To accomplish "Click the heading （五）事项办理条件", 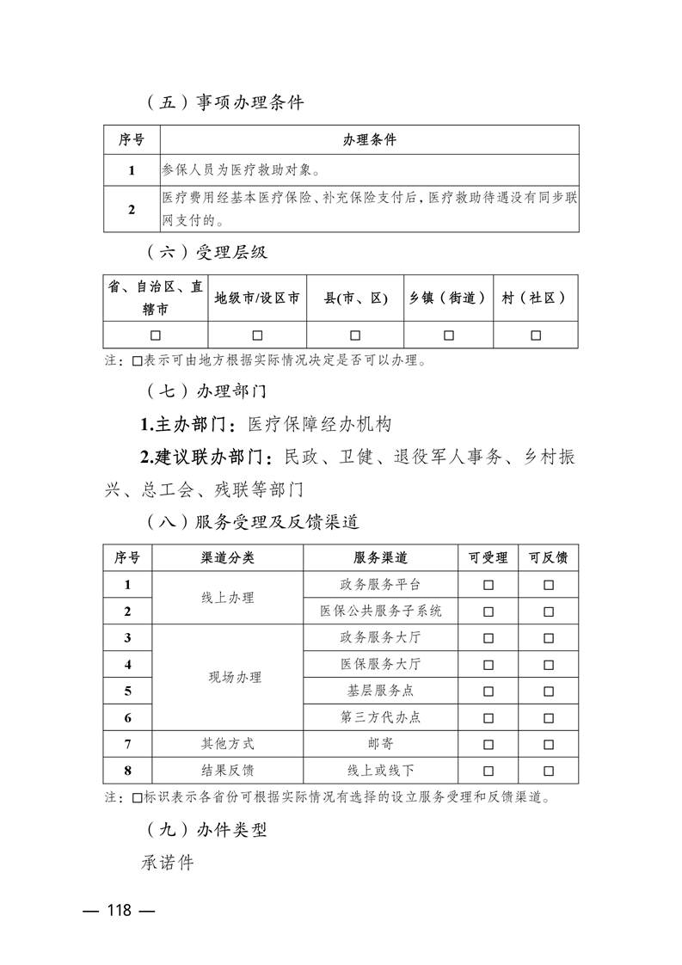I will tap(222, 102).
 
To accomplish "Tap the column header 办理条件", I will tap(370, 140).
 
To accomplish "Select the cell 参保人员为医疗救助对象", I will tap(242, 170).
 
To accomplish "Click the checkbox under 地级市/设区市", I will tap(257, 335).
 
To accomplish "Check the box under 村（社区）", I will tap(535, 335).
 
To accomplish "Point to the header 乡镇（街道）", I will tap(448, 298).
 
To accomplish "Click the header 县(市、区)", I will tap(355, 298).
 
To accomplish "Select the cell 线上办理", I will tap(227, 598).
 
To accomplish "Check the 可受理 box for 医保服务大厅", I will tap(488, 665).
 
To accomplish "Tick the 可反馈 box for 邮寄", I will tap(548, 744).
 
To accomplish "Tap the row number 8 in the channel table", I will tap(127, 771).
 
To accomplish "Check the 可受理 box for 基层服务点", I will tap(488, 691).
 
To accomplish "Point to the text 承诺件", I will tap(168, 863).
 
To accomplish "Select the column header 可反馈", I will tap(548, 558).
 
